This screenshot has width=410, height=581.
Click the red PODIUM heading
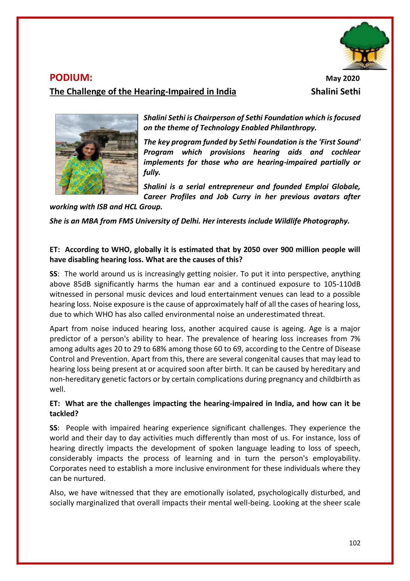[71, 78]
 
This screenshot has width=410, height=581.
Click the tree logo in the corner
[364, 46]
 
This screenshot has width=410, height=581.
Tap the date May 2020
[342, 79]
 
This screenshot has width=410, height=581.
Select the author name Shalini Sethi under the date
[335, 92]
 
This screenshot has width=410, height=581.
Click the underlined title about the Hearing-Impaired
[143, 92]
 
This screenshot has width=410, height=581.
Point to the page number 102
[354, 543]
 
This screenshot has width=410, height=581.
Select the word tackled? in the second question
[64, 414]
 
